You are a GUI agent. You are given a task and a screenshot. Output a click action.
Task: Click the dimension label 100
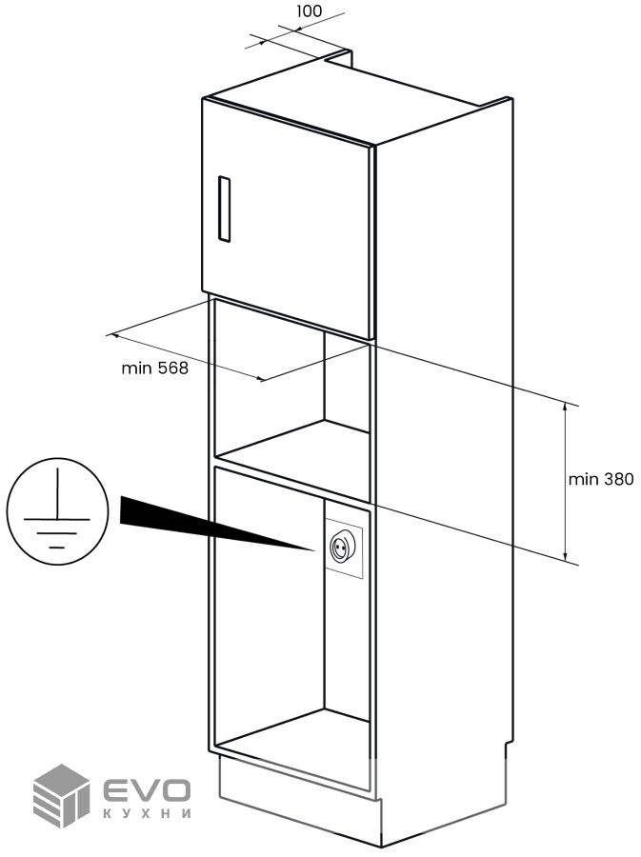tap(309, 11)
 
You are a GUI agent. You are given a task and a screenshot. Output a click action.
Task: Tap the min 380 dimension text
tap(600, 479)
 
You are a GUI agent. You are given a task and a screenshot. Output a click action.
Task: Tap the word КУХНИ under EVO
tap(147, 815)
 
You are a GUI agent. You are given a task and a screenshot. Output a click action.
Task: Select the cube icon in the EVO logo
tap(62, 794)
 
